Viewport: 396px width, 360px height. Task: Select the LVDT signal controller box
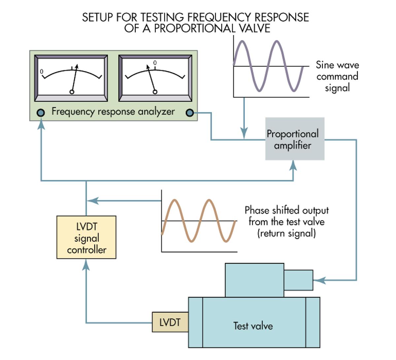86,237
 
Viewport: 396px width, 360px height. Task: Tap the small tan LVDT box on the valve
170,322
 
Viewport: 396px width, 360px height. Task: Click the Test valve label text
253,326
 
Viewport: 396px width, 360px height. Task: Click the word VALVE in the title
254,28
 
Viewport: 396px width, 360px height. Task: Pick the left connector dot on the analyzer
41,113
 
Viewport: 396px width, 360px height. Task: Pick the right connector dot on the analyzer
190,113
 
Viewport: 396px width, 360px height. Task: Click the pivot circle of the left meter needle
72,92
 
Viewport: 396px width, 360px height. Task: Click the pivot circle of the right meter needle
155,92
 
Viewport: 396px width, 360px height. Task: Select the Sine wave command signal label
337,76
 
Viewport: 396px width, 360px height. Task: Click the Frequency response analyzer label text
113,112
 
